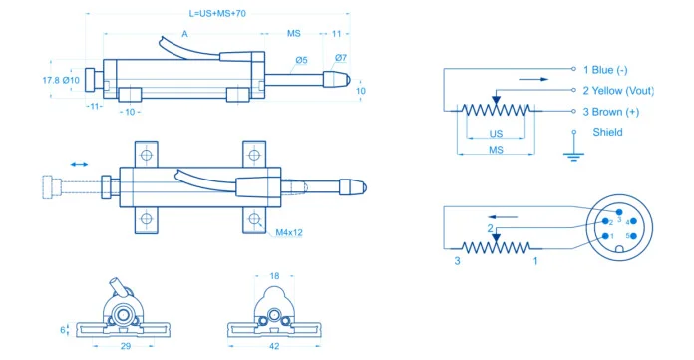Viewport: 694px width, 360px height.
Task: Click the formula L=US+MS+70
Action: [x=218, y=15]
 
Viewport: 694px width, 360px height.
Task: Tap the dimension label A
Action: [x=185, y=34]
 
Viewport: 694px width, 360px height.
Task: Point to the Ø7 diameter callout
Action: [x=341, y=57]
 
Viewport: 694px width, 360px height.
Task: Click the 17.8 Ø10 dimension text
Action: [x=61, y=80]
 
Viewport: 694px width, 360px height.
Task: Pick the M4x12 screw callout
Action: [x=289, y=233]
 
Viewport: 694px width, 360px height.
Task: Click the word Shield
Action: [x=607, y=132]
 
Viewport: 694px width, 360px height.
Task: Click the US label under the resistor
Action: [x=496, y=133]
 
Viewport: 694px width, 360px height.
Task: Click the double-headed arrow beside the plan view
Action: [x=79, y=162]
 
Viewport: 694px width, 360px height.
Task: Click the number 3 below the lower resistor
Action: [x=458, y=261]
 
